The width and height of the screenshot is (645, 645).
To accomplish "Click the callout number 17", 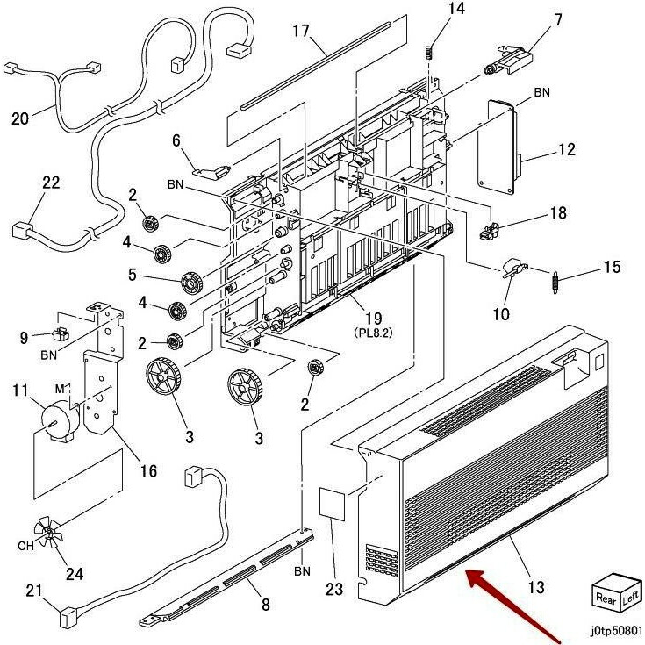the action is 301,31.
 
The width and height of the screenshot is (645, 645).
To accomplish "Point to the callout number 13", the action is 536,587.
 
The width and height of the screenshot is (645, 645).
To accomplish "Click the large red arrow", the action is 512,605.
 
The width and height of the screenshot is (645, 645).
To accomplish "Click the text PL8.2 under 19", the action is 374,333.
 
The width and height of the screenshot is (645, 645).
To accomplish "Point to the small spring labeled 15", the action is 555,283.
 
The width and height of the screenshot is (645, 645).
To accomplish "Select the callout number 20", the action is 20,118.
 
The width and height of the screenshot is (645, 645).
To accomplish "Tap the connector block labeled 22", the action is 20,230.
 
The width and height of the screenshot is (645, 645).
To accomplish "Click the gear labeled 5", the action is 191,283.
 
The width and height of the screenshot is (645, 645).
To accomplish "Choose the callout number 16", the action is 149,471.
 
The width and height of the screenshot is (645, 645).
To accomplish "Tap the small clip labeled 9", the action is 60,334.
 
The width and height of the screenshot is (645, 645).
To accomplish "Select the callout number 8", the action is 266,605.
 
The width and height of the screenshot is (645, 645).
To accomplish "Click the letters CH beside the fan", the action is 25,546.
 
